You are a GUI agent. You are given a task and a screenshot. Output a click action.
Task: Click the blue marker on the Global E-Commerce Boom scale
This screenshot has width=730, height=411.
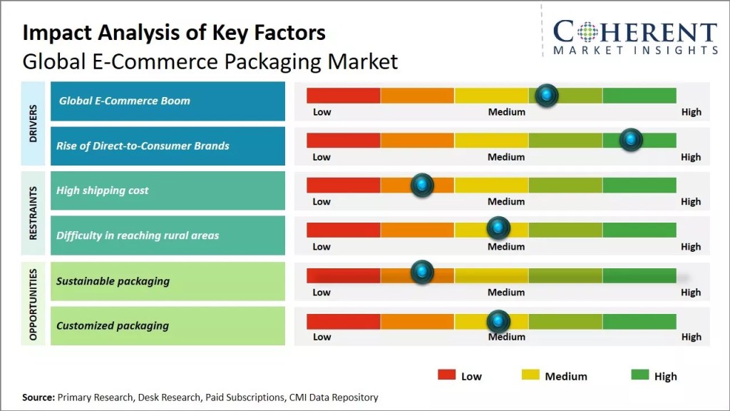coord(547,95)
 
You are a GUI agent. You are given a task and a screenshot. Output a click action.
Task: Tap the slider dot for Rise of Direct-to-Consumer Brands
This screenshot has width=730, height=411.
coord(631,140)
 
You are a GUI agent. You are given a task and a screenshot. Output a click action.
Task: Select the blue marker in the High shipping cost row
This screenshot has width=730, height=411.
coord(423,185)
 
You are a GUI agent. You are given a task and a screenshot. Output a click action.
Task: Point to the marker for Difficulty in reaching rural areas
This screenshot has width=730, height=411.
coord(498,228)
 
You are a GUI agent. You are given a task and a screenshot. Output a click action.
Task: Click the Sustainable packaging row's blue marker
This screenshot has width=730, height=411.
coord(423,271)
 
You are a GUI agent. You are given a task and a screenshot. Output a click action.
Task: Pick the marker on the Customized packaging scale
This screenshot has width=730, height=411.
coord(498,320)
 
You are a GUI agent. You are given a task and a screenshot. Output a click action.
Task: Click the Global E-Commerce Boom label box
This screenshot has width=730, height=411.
coord(168,101)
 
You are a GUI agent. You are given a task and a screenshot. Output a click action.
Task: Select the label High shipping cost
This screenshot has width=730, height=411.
coord(103,191)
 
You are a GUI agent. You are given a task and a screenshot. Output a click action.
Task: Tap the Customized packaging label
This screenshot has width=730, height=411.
coord(113,325)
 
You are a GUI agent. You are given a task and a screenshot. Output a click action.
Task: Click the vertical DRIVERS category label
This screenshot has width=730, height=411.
coord(34,123)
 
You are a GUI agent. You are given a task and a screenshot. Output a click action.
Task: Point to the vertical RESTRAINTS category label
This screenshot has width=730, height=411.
coord(34,213)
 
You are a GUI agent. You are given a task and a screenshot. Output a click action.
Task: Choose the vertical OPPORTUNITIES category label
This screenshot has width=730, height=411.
coord(34,303)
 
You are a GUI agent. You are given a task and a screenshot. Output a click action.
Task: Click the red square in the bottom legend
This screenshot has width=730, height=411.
coord(446,375)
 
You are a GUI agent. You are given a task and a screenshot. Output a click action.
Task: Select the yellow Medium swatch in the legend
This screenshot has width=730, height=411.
coord(530,375)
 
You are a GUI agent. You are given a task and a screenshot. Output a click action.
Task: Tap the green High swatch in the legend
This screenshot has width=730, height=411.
coord(640,375)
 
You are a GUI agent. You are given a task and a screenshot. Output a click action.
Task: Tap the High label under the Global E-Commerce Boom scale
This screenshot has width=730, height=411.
coord(691,112)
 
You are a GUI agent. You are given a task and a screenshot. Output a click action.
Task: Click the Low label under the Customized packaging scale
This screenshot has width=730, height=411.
coord(322,337)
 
